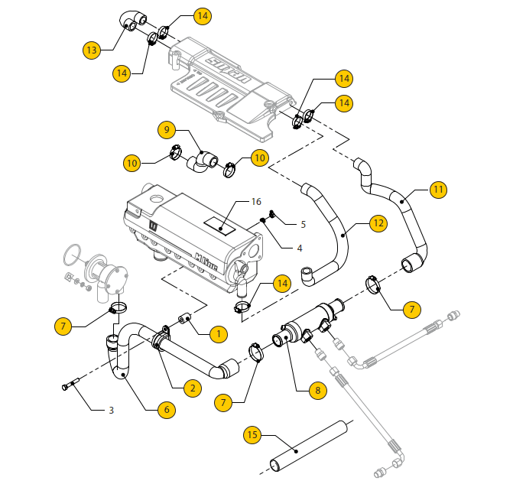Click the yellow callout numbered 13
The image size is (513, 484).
click(93, 50)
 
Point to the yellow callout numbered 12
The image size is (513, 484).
click(378, 223)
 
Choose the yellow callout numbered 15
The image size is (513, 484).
click(253, 435)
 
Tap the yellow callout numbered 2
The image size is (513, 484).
click(193, 388)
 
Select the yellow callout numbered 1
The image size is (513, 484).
click(218, 333)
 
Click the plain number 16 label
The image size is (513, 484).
click(256, 202)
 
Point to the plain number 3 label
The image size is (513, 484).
click(112, 411)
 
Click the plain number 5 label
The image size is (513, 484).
click(303, 225)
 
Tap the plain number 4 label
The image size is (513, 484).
click(300, 247)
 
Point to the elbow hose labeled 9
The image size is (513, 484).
click(203, 159)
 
